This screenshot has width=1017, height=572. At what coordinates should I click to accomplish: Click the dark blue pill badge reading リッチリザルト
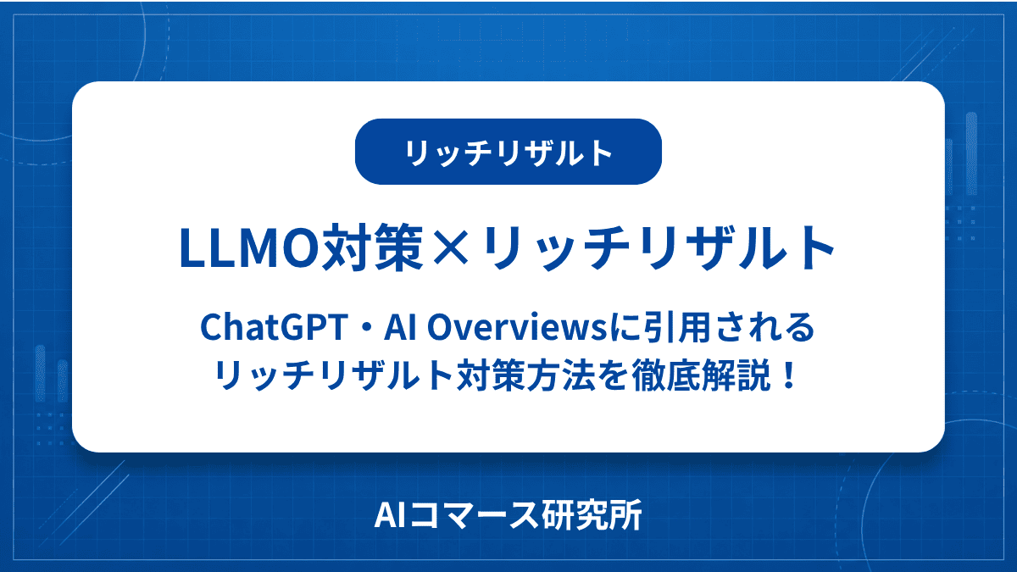(508, 152)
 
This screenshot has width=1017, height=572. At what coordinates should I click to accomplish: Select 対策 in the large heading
(373, 247)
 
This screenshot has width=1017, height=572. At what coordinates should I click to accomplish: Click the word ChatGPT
(275, 327)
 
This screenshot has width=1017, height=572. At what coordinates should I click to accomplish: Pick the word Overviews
(517, 327)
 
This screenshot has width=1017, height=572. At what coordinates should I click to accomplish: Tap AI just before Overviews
(400, 327)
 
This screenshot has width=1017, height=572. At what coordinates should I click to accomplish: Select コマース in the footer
(471, 516)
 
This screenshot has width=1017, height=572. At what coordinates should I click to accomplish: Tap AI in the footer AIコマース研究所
(389, 516)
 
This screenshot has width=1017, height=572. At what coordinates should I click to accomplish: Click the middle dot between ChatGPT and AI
(366, 327)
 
